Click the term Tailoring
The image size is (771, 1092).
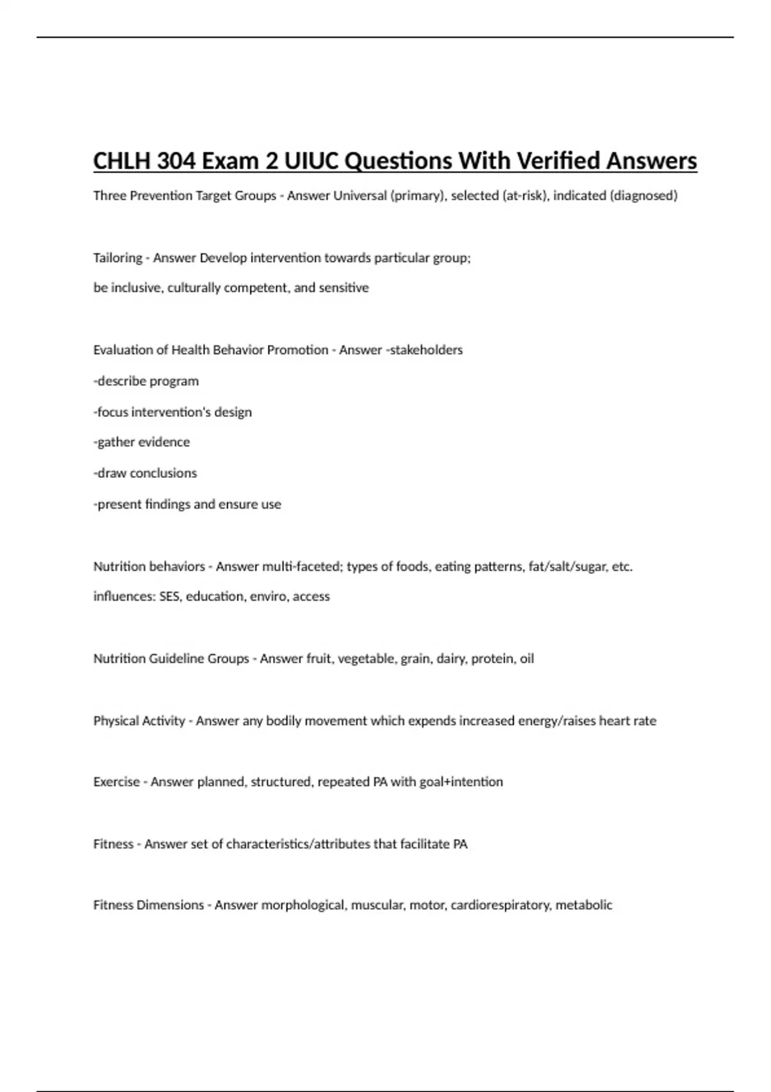click(118, 258)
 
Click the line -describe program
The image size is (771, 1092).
click(146, 381)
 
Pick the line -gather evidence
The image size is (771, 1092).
click(142, 442)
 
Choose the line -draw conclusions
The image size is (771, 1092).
click(145, 473)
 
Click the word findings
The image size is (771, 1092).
click(168, 504)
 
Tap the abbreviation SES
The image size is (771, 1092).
click(169, 597)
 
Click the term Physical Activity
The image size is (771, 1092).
click(139, 721)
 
